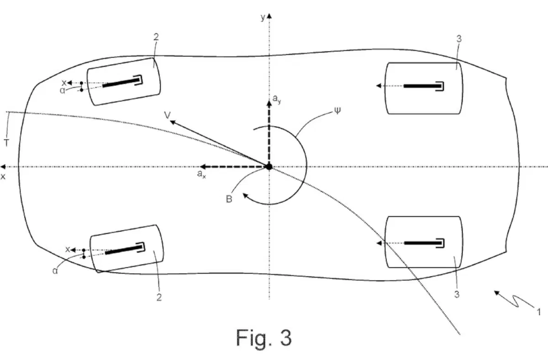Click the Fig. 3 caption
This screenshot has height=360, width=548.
(264, 339)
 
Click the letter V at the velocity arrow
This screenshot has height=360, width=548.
(167, 115)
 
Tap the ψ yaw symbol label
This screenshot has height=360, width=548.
(337, 111)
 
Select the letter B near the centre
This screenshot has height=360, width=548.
(229, 199)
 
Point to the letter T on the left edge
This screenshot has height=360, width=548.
(6, 143)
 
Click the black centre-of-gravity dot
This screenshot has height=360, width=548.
(269, 167)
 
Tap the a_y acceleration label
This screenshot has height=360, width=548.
(277, 99)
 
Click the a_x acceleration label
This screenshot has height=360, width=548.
(201, 174)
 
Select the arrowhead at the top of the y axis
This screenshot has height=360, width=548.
(269, 16)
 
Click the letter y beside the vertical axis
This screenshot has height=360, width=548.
(263, 17)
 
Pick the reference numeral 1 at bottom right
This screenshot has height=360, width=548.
(538, 312)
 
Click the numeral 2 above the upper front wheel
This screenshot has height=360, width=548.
(156, 37)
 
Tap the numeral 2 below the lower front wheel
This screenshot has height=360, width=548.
(159, 297)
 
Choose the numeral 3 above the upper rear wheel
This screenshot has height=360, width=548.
(459, 39)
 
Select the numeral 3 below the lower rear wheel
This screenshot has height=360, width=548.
(457, 294)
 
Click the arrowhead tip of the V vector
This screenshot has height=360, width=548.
(170, 121)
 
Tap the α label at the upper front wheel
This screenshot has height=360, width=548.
(63, 90)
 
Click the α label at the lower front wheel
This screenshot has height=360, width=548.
(55, 271)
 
